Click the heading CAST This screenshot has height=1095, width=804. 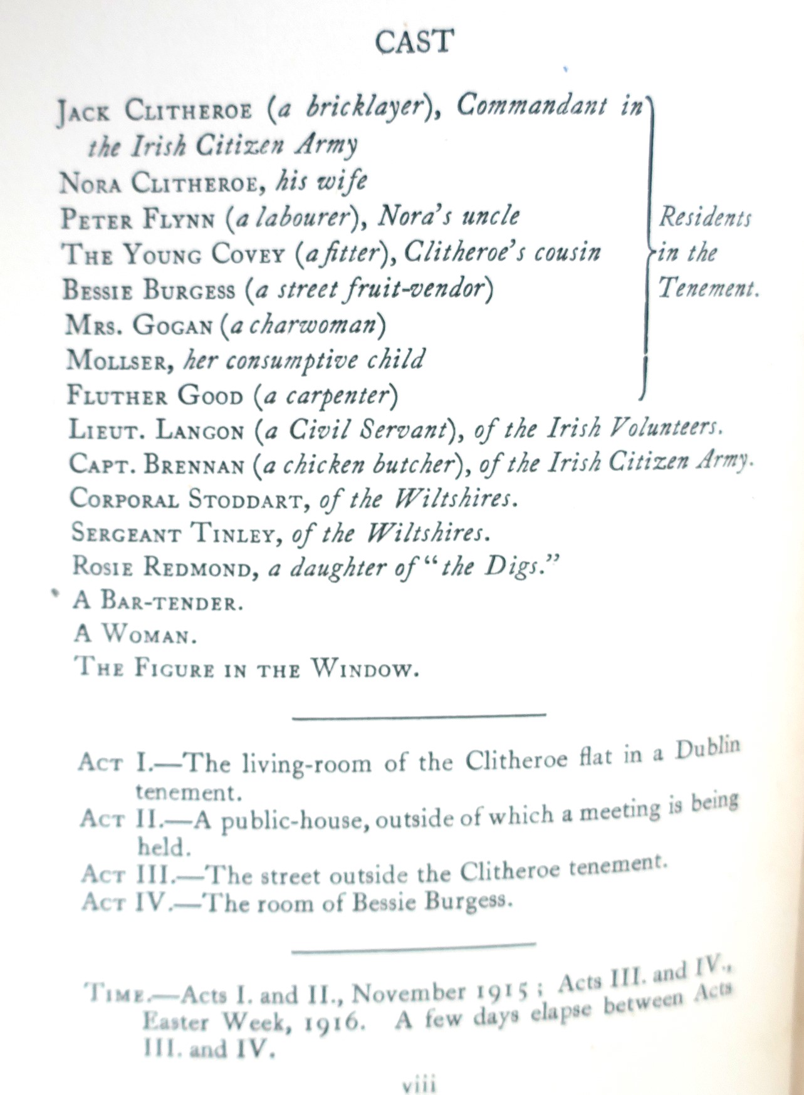click(x=414, y=42)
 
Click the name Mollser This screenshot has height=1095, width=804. click(x=118, y=360)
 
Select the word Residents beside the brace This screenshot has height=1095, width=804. click(x=704, y=217)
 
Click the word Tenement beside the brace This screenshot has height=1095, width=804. click(x=707, y=288)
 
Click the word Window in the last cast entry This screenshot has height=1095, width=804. click(x=363, y=668)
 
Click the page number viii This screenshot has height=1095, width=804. click(x=418, y=1083)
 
